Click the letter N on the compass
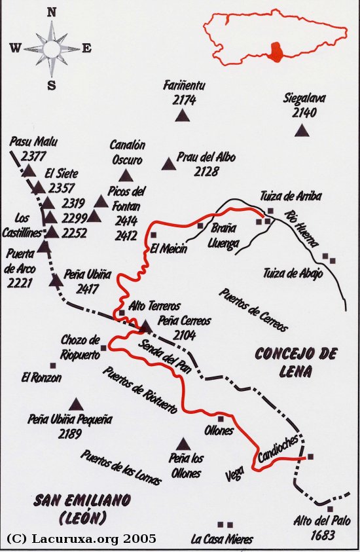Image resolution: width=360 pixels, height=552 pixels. point(52,12)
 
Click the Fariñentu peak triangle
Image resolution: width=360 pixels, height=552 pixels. point(182,116)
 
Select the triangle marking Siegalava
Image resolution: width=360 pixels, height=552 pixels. point(301,130)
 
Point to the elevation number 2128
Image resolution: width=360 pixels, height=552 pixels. point(206,172)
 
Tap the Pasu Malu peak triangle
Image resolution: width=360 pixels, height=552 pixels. point(28,171)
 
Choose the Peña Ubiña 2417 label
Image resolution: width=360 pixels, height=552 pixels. point(88,281)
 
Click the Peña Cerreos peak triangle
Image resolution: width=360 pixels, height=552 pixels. point(146,325)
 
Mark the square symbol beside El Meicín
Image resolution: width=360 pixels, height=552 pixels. point(154,234)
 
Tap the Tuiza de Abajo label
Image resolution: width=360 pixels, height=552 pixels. point(293,273)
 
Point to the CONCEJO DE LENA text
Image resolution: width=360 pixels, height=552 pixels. point(296,362)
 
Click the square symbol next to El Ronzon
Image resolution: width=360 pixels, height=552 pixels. point(52,365)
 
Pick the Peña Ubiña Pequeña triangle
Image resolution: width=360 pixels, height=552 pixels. point(77,404)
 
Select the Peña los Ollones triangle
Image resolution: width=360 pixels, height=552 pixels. point(183,443)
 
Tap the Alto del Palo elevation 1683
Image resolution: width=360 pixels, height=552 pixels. point(315,534)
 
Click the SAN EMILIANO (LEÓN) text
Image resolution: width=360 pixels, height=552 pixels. point(82,508)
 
